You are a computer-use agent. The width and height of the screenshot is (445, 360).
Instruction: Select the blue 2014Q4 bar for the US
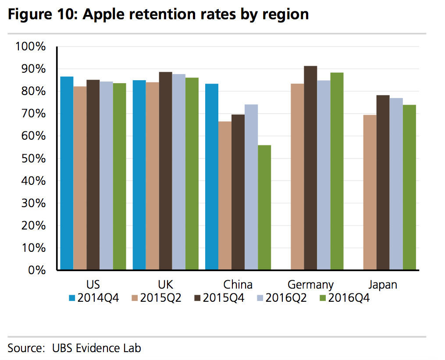click(67, 173)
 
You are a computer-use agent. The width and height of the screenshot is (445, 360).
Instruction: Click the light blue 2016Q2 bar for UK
click(178, 171)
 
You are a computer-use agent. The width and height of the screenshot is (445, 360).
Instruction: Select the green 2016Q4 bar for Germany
click(337, 171)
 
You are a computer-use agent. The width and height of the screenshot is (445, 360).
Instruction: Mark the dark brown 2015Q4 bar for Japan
click(383, 182)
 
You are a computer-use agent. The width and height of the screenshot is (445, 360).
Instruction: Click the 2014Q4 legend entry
click(94, 298)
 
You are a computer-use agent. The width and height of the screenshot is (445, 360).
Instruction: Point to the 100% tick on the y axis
click(30, 46)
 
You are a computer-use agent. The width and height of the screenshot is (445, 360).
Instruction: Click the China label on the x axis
click(238, 285)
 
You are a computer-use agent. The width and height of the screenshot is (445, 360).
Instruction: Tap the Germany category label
click(310, 285)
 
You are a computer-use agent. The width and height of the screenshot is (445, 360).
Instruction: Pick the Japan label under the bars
click(382, 285)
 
